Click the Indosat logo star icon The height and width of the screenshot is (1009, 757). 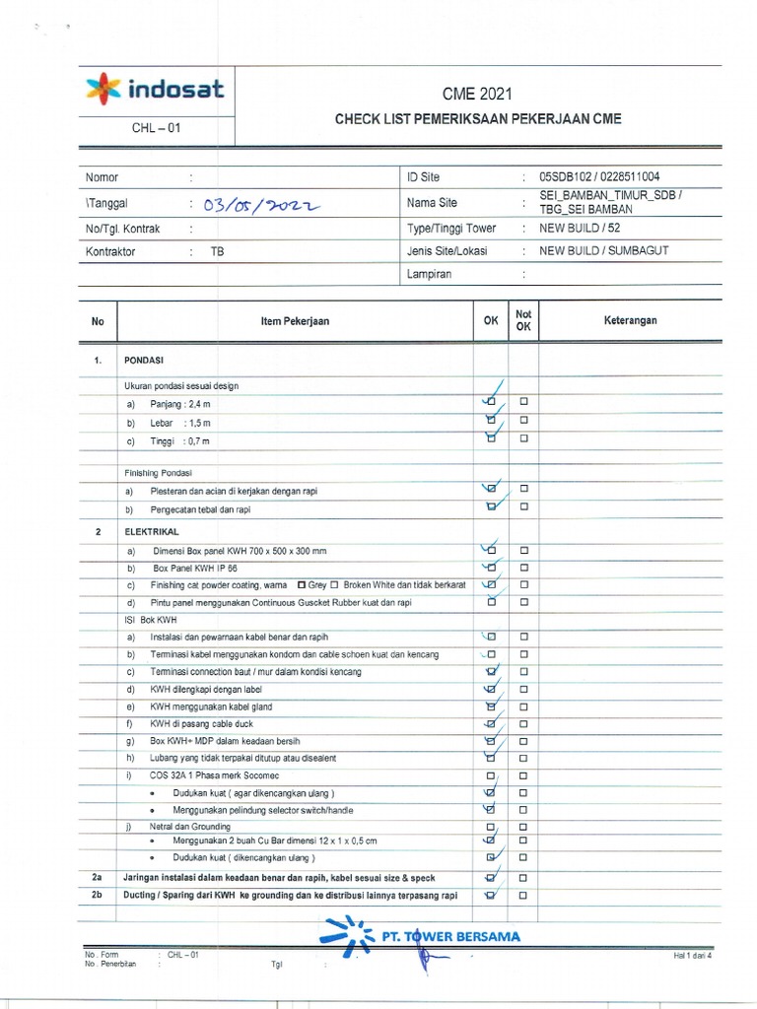click(103, 91)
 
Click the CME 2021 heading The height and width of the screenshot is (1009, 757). click(477, 94)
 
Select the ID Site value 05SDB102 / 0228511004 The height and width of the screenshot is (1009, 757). click(599, 177)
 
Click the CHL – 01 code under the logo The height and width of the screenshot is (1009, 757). click(156, 128)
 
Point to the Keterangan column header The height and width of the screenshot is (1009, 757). click(630, 320)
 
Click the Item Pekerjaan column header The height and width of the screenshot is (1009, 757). click(295, 321)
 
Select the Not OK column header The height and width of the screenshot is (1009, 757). click(523, 320)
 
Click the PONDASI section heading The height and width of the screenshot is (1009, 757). click(143, 361)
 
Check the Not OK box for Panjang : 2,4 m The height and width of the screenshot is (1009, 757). click(524, 402)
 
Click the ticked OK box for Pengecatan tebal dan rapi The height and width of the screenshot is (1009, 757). click(491, 507)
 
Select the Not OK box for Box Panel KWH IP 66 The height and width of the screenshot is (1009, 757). click(524, 568)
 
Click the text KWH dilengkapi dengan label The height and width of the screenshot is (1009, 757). click(211, 689)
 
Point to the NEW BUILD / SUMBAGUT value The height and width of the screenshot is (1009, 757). click(603, 250)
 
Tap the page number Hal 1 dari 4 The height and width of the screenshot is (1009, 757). click(692, 955)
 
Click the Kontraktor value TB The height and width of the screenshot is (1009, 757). click(217, 251)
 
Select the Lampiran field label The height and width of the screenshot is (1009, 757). click(429, 274)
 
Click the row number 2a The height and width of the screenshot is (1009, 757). click(97, 877)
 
